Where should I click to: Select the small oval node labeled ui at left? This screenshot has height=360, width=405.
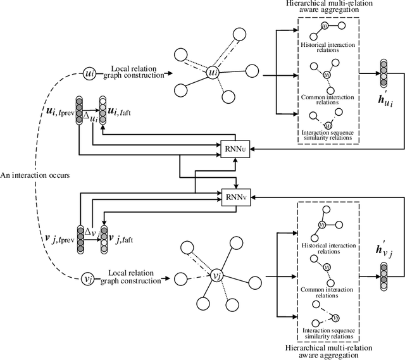click(89, 74)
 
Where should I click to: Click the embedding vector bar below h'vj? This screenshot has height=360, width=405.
click(383, 272)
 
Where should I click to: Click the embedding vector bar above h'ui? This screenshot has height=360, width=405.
click(383, 73)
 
